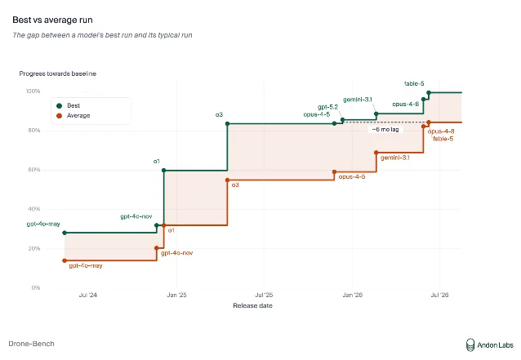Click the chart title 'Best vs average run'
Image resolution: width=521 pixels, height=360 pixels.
pos(52,20)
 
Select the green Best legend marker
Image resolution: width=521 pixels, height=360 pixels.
pos(59,105)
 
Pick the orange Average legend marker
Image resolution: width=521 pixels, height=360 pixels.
pos(59,116)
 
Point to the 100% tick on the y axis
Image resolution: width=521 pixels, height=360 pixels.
pos(33,91)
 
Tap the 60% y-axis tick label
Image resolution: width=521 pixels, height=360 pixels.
pos(34,170)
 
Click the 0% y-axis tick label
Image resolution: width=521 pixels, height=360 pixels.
pos(36,287)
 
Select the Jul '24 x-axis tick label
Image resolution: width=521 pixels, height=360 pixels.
pos(88,295)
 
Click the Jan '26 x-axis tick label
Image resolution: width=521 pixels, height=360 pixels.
pos(353,295)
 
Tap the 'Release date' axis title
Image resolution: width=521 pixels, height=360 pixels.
pos(253,305)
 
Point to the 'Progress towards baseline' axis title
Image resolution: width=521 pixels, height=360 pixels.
pos(58,73)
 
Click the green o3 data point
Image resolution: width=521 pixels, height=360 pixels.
pos(228,124)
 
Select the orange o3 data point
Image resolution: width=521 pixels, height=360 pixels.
pos(228,180)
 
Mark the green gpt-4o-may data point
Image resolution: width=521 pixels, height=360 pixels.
pos(65,233)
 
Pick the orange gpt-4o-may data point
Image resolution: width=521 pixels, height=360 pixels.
pos(65,260)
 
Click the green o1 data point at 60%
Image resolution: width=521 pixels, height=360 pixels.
pos(163,171)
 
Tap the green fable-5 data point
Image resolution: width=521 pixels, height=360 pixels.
pos(429,93)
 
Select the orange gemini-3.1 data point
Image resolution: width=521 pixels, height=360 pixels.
pos(376,153)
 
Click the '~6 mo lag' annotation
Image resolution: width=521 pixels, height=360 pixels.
pos(385,130)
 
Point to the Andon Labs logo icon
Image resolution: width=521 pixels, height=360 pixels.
pos(470,345)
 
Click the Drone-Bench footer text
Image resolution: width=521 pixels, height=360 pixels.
pos(32,344)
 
